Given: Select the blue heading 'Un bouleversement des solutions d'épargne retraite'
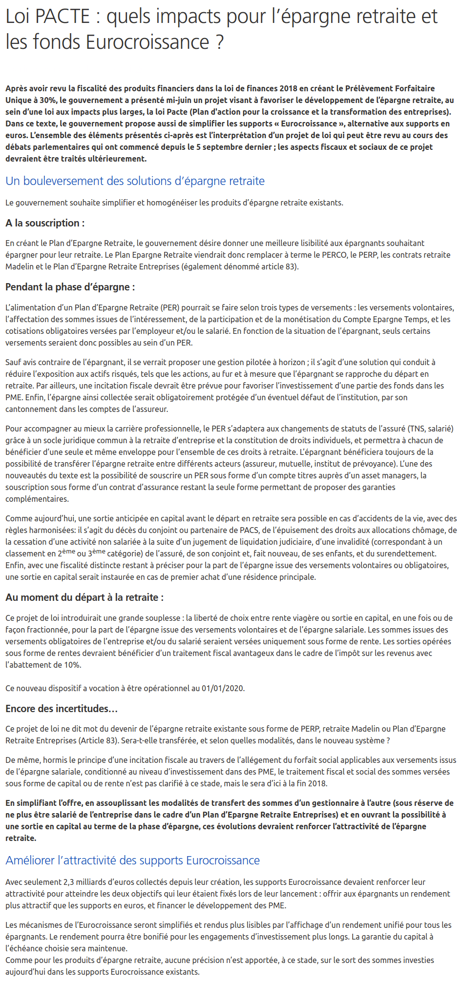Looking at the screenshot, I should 135,181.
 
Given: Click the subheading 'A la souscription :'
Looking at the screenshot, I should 45,223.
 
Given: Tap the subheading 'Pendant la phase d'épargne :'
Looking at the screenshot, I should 70,287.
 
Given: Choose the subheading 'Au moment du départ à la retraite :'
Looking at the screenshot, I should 84,597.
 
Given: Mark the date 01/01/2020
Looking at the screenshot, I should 222,688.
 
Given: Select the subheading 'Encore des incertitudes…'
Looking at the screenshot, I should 62,709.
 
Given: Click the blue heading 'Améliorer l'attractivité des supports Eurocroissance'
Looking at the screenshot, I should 132,860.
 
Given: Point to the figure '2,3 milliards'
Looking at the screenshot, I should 86,882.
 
